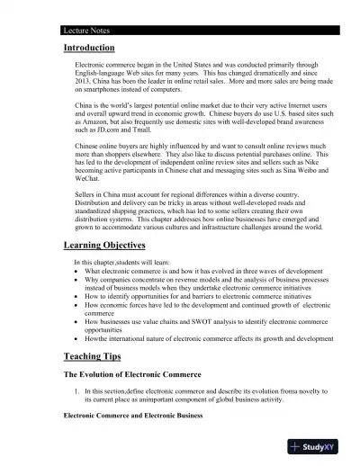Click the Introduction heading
coord(89,48)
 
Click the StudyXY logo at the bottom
coord(322,446)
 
